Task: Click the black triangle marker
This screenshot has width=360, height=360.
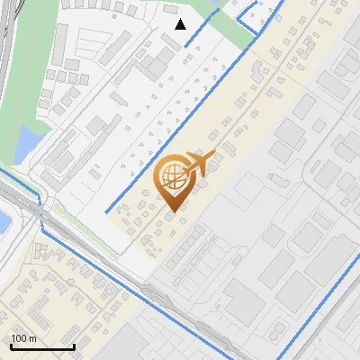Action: pos(181,24)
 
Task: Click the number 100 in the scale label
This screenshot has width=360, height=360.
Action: pos(19,338)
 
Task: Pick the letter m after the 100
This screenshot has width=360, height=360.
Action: pos(31,338)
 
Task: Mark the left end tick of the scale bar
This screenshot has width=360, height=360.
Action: pos(10,346)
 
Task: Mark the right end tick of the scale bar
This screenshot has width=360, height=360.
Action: pos(74,346)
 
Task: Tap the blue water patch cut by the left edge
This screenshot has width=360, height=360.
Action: pos(3,220)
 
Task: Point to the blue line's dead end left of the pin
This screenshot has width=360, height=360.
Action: pos(109,211)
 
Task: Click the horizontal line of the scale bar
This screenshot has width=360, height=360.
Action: pos(41,347)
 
